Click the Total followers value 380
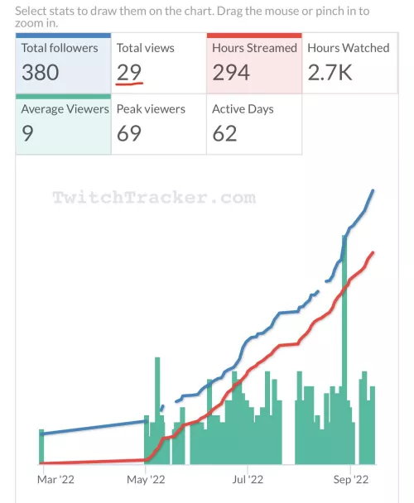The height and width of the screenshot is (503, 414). point(41,72)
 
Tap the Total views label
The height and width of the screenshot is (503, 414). point(145,48)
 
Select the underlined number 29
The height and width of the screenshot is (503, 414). point(129,72)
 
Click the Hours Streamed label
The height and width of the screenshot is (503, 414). point(254,48)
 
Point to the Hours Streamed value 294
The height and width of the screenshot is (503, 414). point(231,72)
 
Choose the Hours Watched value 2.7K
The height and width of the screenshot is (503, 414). point(330,72)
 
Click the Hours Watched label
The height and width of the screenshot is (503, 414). point(348,48)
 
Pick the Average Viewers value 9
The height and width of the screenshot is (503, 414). point(28,133)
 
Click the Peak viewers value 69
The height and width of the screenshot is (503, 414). point(129,133)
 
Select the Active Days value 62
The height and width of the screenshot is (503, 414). point(224,133)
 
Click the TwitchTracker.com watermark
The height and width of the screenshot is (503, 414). point(153,198)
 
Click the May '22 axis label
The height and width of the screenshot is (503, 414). point(145,478)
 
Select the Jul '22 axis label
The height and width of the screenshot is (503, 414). point(248,478)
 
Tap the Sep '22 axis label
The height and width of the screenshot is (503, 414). point(351,478)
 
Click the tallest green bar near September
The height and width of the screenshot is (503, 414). point(344,347)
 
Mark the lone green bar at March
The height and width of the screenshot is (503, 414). point(41,447)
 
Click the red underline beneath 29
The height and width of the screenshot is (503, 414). point(130,84)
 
